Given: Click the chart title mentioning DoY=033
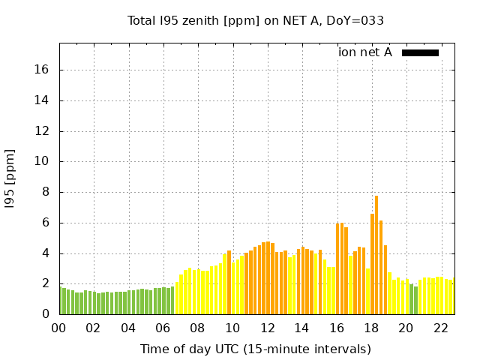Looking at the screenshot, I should point(256,21).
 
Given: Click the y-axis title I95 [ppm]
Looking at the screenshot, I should point(10,177).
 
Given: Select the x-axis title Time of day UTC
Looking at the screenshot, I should point(256,349).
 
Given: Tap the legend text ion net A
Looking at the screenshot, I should point(365,52).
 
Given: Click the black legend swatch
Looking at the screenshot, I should point(420,52).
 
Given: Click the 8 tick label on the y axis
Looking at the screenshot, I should point(45,192).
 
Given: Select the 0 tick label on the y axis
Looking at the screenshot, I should point(45,314).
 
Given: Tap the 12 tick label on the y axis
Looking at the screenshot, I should point(42,131).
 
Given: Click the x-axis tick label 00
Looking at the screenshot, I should point(59,328).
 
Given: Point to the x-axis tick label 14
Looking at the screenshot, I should point(301,328).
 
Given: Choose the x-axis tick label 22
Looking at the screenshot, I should point(440,328).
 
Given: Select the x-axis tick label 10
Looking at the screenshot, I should point(232,328).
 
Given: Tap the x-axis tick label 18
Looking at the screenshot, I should point(371,328).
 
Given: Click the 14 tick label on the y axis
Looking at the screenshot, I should point(42,100).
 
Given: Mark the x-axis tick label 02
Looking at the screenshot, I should point(94,328).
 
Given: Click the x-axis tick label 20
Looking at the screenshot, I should point(406,328).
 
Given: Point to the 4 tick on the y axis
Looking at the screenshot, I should point(45,253).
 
